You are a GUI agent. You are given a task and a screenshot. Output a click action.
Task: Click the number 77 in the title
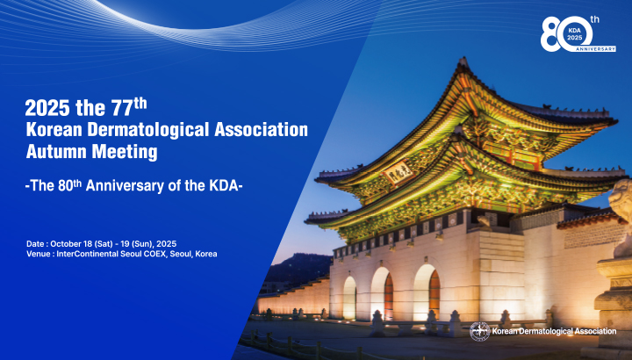[122, 108]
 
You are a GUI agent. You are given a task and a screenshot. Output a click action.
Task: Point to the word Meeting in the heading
[125, 153]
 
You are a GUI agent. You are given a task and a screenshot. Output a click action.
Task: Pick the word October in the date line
[64, 244]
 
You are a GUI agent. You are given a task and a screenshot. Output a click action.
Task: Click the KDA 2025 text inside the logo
[575, 34]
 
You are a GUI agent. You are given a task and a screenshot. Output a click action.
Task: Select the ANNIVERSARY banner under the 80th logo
[596, 49]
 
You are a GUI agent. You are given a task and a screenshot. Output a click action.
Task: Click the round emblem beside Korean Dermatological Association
[479, 331]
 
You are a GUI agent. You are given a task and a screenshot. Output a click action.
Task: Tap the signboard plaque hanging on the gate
[399, 172]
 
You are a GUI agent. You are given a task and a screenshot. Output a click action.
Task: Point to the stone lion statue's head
[621, 199]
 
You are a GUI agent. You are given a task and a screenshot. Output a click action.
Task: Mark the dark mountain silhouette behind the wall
[299, 268]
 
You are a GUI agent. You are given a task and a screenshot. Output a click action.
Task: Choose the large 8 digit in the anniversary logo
[549, 34]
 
